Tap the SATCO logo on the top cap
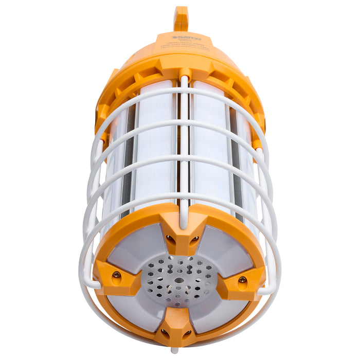pyautogui.click(x=186, y=37)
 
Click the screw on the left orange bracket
pyautogui.click(x=117, y=275)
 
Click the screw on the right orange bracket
pyautogui.click(x=242, y=280)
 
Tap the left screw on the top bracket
pyautogui.click(x=169, y=239)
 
